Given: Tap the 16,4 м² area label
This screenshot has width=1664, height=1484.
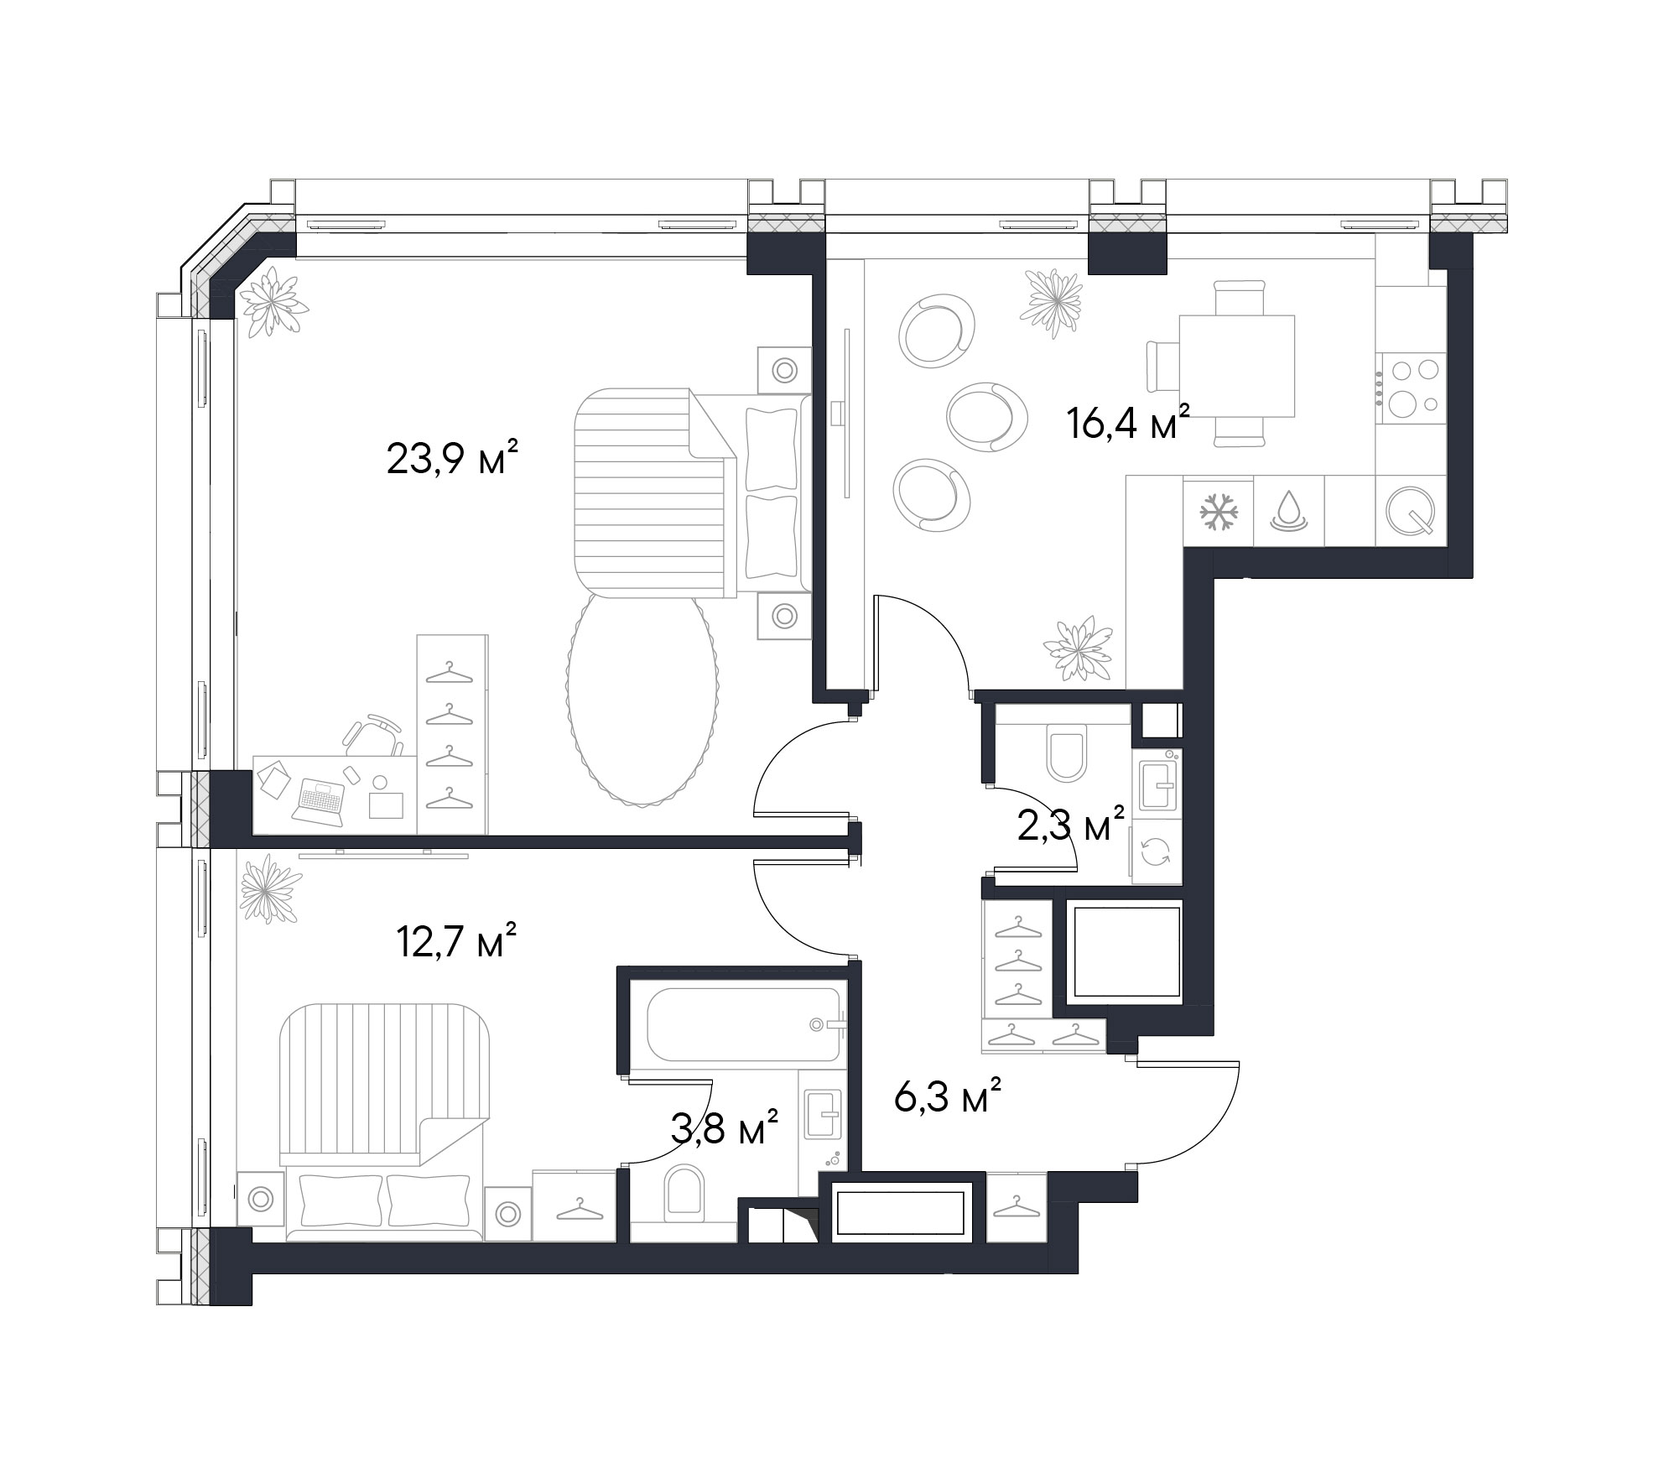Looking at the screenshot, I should pos(1128,422).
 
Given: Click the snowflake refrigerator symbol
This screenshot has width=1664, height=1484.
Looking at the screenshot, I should pos(1219,511).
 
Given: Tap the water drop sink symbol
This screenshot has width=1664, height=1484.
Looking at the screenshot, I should pos(1289,511).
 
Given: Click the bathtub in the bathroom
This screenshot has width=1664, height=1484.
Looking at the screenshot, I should pos(734,1024).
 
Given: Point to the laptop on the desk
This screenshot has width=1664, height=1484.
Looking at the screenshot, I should pos(318,799).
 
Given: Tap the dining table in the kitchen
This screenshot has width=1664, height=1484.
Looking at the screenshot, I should pos(1236,366).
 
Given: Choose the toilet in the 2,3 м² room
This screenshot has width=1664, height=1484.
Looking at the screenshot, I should pos(1067,754).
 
